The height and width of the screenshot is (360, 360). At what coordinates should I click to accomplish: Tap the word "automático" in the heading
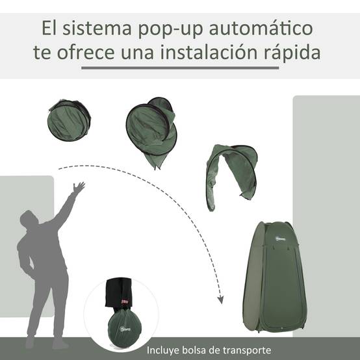[x=261, y=28]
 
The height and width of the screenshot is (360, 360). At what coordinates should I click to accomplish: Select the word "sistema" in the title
[x=97, y=28]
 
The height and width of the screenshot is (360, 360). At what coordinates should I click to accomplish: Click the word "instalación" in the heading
[x=209, y=52]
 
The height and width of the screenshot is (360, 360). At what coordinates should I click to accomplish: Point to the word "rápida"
[x=292, y=53]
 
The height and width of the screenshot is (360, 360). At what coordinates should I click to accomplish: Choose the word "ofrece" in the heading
[x=85, y=52]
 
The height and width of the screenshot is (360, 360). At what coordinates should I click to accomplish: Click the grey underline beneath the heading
[x=180, y=68]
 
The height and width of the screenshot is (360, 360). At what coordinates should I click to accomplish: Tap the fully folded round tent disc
[x=69, y=120]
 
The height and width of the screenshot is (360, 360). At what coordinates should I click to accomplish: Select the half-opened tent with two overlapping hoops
[x=151, y=132]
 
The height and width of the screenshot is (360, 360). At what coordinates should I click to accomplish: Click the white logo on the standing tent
[x=280, y=239]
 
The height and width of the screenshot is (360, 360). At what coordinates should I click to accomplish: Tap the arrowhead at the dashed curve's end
[x=221, y=300]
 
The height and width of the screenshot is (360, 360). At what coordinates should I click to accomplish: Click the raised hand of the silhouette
[x=79, y=187]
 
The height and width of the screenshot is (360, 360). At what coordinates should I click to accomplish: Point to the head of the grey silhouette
[x=29, y=218]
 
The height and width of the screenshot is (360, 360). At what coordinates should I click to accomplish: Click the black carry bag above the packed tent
[x=119, y=292]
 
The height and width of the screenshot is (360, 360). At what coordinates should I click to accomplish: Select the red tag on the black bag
[x=125, y=302]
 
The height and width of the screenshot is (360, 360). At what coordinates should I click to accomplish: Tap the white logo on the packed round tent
[x=125, y=329]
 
